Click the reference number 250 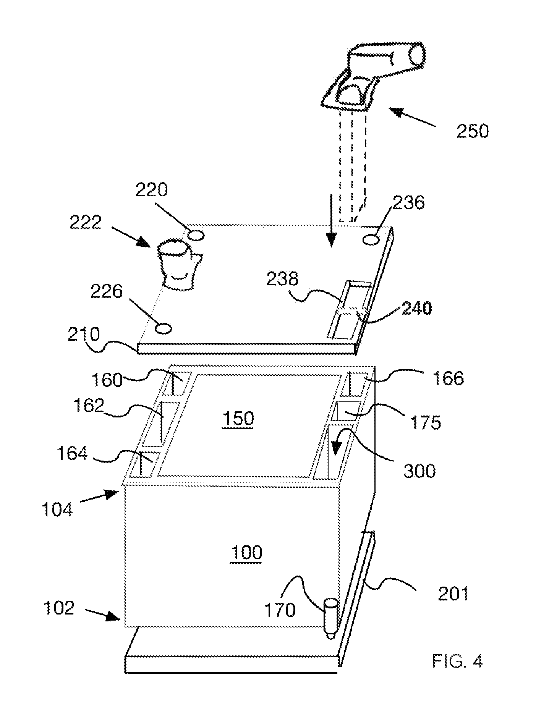coord(473,132)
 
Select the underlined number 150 coord(238,419)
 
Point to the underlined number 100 coord(247,553)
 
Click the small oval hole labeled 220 coord(196,236)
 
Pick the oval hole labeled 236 coord(371,240)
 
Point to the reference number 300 coord(419,471)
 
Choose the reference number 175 coord(426,422)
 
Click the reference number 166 coord(448,378)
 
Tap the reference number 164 coord(72,454)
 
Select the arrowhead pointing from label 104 coord(112,494)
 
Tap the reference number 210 coord(83,335)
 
